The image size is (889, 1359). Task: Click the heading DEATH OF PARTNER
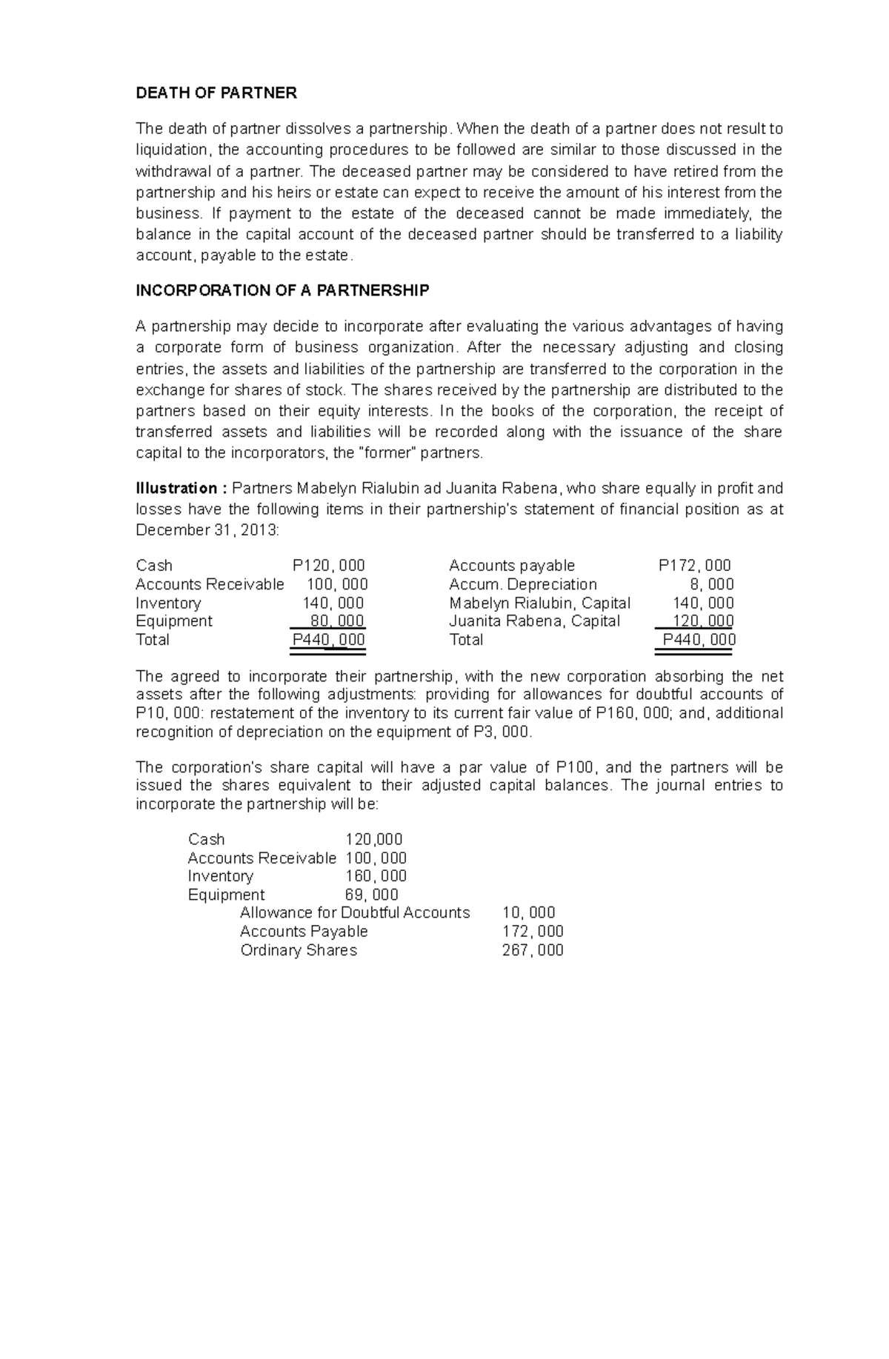216,93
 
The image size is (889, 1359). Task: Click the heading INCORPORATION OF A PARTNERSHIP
282,291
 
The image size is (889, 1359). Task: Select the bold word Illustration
176,489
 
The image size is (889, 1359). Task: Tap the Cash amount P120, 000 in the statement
329,566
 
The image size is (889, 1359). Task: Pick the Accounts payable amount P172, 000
694,566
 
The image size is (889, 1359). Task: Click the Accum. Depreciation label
522,584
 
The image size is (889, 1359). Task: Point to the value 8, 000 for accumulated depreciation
712,584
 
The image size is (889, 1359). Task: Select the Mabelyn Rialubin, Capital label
539,603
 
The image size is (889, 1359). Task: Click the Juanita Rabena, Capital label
534,621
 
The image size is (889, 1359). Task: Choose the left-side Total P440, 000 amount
329,640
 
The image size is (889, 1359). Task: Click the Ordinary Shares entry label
299,950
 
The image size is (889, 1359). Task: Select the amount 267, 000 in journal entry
533,950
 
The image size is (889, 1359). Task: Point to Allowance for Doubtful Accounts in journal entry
355,913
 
